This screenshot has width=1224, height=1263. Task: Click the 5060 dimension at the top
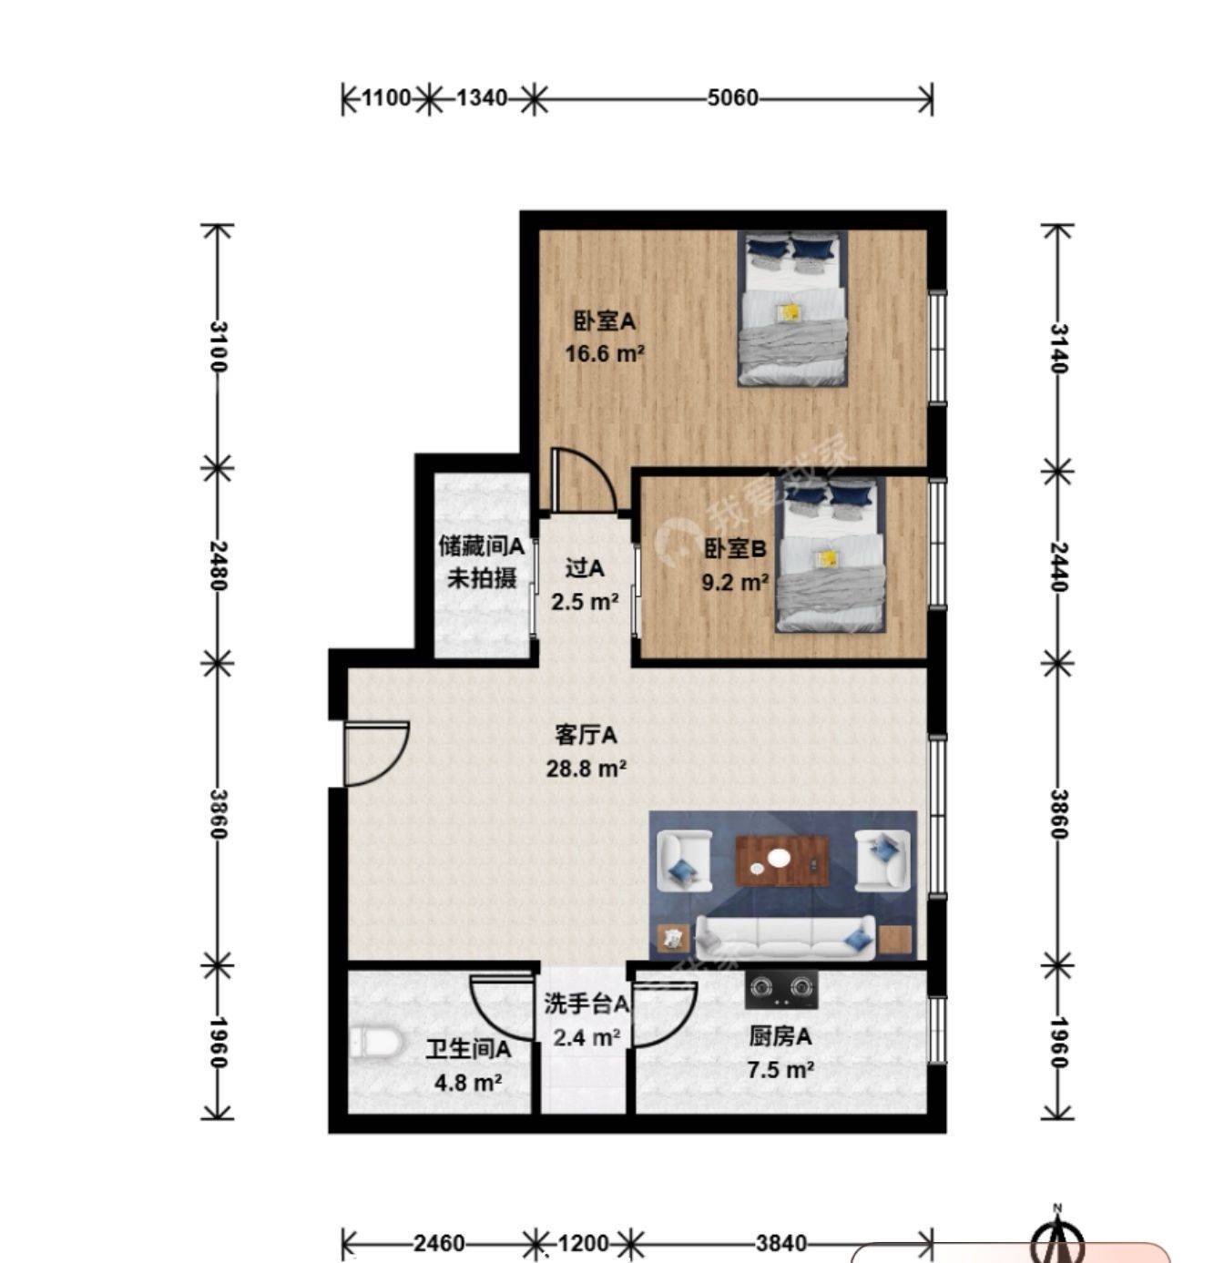[x=732, y=98]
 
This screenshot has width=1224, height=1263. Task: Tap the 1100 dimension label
[x=386, y=98]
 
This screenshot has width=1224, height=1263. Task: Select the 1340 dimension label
[x=482, y=98]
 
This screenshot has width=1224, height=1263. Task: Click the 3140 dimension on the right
[x=1058, y=348]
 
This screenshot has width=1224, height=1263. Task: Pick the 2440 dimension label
[x=1058, y=566]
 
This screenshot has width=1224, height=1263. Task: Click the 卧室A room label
[x=604, y=321]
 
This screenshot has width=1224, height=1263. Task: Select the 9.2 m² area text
[x=735, y=582]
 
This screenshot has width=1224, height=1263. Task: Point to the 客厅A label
[x=586, y=736]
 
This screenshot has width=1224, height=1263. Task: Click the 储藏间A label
[x=481, y=546]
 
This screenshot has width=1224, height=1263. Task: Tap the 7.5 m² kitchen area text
[x=780, y=1068]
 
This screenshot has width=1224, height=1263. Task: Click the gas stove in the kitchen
[x=781, y=989]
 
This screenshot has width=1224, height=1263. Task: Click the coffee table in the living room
[x=781, y=861]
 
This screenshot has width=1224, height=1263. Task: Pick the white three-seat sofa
[x=785, y=937]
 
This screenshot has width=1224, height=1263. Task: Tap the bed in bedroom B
[x=830, y=555]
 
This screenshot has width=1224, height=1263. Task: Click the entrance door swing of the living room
[x=375, y=754]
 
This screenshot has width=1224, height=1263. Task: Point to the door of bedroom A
[x=582, y=479]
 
